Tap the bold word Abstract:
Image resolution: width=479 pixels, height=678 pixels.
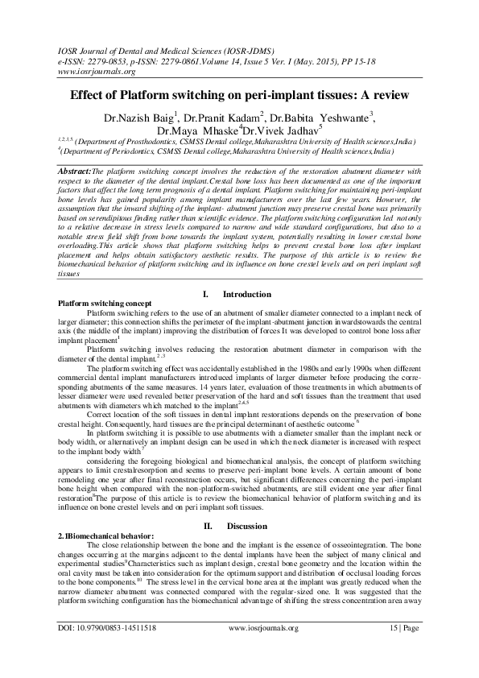click(x=76, y=172)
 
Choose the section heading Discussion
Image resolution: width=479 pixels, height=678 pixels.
click(x=248, y=527)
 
